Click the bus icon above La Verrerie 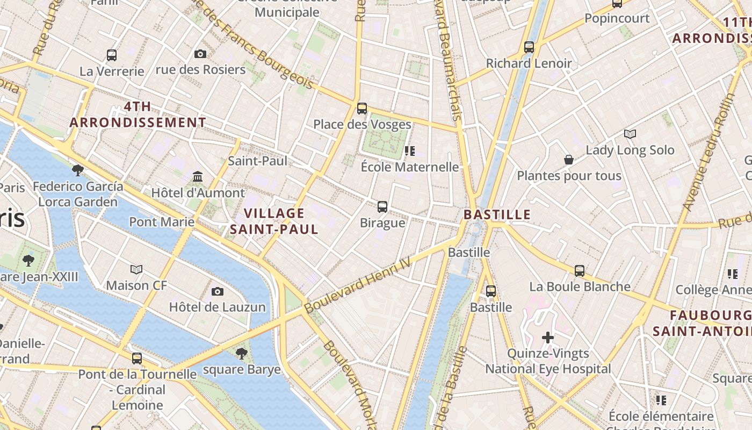[112, 55]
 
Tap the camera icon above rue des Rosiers [200, 54]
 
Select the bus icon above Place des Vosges [362, 109]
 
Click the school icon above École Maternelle [410, 151]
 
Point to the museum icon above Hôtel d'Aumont [198, 177]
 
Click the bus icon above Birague [382, 207]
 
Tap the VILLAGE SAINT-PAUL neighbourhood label [274, 221]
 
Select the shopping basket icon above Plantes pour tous [569, 160]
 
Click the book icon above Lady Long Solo [630, 134]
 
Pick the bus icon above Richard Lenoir [529, 47]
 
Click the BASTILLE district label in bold [497, 215]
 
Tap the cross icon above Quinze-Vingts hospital [548, 338]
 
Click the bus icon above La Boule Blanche [580, 271]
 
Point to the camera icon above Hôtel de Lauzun [218, 291]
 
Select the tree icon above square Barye [242, 353]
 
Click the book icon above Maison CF [137, 269]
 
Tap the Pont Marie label [162, 221]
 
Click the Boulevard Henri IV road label [357, 285]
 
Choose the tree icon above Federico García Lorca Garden [78, 170]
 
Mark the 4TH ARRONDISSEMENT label [138, 114]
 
